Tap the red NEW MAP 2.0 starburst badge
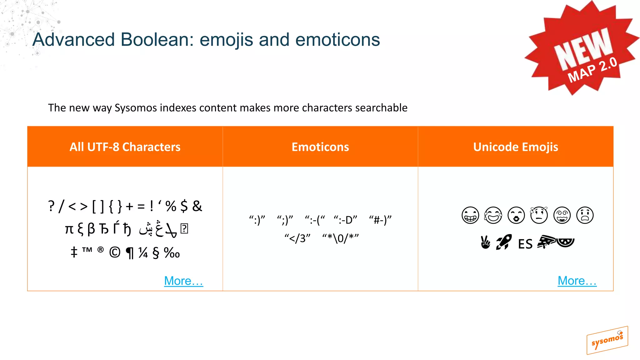pos(582,50)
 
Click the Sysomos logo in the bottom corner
pos(607,340)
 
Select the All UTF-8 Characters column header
pos(125,147)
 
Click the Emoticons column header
pos(320,147)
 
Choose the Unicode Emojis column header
pos(516,147)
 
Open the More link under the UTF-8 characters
pos(183,281)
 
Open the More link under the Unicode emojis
pos(577,281)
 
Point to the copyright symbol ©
pos(115,252)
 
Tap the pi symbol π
pos(69,229)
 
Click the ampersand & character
pos(197,206)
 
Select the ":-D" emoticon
pos(345,220)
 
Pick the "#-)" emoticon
pos(380,220)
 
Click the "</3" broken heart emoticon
pos(297,238)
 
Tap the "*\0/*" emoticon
pos(341,238)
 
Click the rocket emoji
pos(503,242)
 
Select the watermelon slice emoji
pos(565,242)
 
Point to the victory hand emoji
pos(485,242)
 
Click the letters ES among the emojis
pos(525,244)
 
